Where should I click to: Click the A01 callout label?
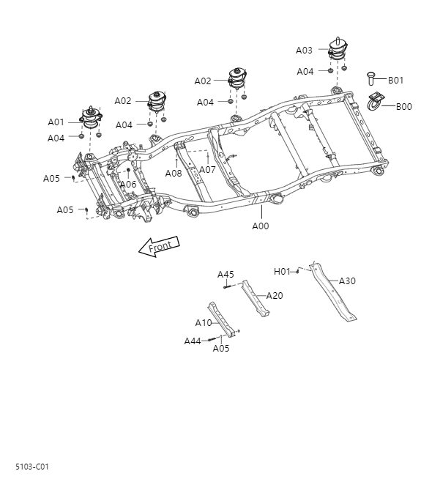tap(56, 122)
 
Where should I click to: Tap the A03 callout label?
tap(304, 51)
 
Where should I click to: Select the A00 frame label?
tap(261, 226)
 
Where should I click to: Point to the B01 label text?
tap(396, 80)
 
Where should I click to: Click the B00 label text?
tap(404, 106)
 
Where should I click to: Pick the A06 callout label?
tap(128, 185)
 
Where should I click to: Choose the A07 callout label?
tap(207, 170)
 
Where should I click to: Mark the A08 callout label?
tap(174, 174)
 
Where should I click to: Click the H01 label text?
tap(282, 271)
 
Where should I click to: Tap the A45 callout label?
tap(226, 275)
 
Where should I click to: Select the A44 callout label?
tap(193, 341)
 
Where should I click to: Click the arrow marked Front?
tap(158, 247)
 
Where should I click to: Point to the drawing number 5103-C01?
tap(32, 466)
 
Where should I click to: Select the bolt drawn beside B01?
tap(370, 78)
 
